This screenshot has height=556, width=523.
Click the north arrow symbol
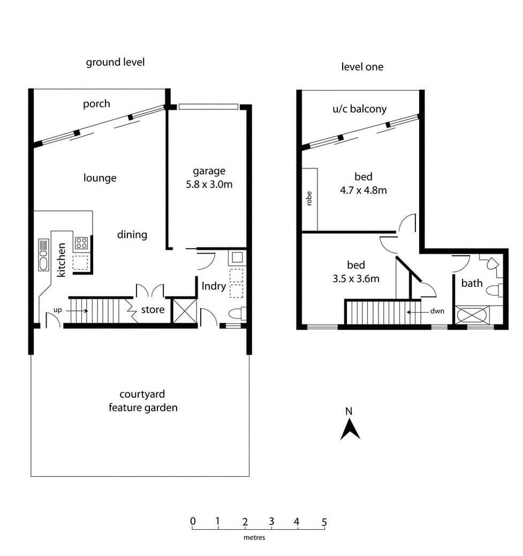(350, 431)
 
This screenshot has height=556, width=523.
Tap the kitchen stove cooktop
(81, 243)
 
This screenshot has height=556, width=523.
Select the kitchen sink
(43, 255)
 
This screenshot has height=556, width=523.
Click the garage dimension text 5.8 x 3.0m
(209, 184)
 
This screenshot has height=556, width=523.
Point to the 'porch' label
(96, 104)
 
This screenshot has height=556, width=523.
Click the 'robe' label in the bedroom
(309, 198)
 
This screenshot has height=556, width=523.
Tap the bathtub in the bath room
(472, 315)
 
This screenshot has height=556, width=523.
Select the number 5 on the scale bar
(324, 522)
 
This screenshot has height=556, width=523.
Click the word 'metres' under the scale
(254, 538)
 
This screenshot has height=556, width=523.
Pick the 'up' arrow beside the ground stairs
(77, 311)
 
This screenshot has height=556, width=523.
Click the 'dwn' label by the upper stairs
(437, 311)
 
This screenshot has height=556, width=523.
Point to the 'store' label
(153, 310)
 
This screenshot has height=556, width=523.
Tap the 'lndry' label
(214, 286)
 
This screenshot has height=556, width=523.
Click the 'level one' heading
(362, 66)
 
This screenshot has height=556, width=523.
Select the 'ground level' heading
(115, 62)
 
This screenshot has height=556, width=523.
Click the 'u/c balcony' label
(359, 108)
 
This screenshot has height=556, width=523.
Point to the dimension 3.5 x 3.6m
(356, 279)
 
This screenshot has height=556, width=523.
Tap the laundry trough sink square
(237, 257)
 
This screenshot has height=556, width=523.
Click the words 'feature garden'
(143, 408)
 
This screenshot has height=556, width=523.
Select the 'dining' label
(132, 234)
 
